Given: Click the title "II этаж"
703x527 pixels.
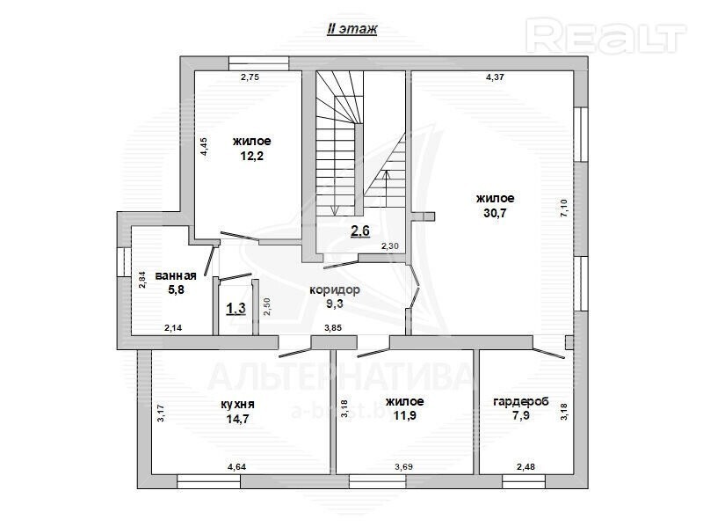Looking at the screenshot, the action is pos(352,29).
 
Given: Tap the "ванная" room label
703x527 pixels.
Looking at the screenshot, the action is pos(176,275).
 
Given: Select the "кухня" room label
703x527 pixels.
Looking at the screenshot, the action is pos(237,404).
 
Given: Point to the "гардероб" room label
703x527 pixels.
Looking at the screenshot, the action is pos(521,402).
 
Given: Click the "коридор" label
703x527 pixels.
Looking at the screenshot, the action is pos(335,290).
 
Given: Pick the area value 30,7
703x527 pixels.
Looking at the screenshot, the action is pos(495,213).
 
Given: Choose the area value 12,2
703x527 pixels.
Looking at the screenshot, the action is pos(251,156).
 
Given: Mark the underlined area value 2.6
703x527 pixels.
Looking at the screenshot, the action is pos(360,231).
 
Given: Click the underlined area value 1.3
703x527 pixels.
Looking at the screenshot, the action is pos(236,309).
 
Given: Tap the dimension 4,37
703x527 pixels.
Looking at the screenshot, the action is pos(495,77).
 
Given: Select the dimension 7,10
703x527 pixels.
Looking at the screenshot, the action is pos(564,209).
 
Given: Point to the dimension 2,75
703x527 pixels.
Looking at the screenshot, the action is pos(250,77).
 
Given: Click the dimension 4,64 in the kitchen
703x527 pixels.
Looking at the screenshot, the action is pos(236,467).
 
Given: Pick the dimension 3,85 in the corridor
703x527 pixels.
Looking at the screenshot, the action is pos(333,327).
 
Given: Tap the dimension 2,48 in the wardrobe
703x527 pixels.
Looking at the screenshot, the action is pos(525,467).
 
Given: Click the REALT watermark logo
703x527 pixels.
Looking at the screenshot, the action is pos(606,35).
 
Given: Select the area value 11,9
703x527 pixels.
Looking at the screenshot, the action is pos(405,415).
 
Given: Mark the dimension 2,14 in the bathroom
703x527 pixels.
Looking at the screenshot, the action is pos(173,327).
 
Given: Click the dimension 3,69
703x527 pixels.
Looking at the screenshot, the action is pos(404,467).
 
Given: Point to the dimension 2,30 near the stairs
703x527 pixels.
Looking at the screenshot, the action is pos(389,246).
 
